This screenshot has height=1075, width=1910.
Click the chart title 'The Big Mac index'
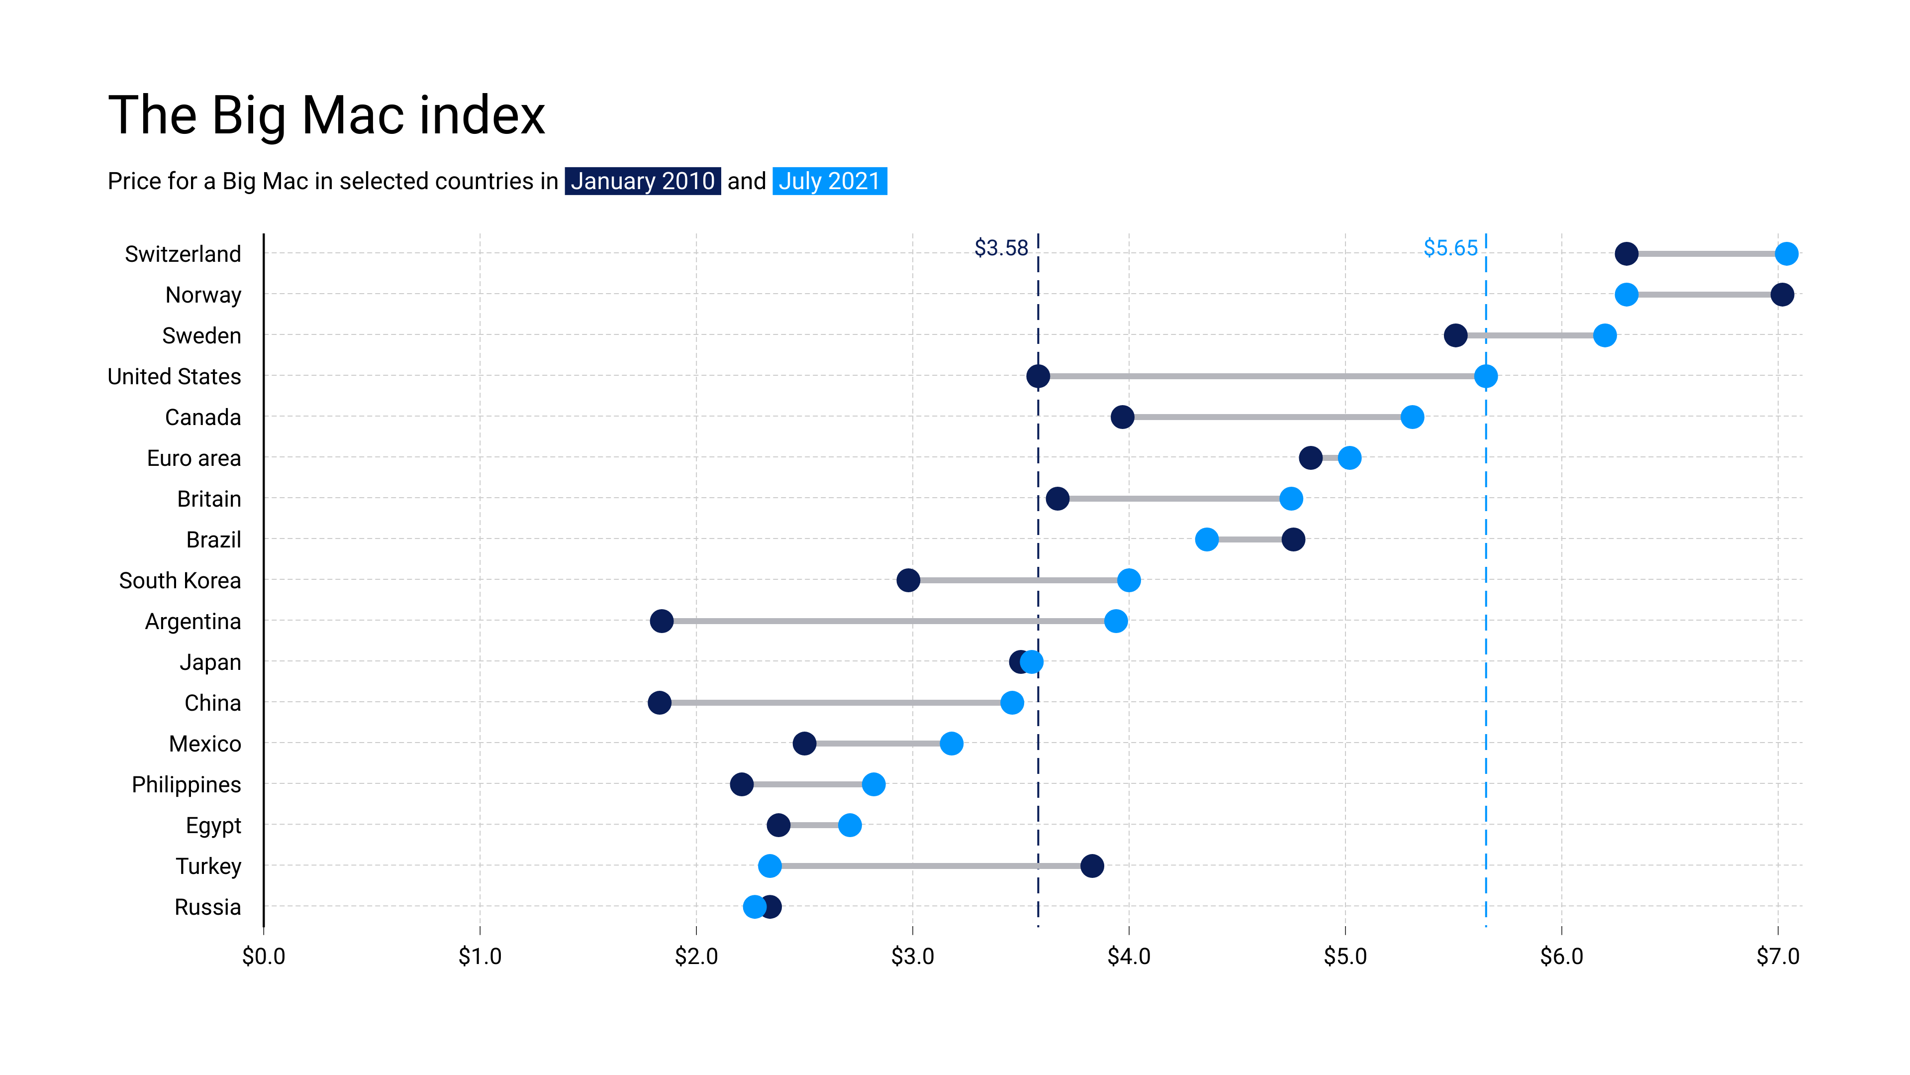tap(326, 116)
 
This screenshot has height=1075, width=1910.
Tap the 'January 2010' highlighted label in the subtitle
tap(642, 181)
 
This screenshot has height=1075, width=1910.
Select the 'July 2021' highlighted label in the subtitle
tap(829, 181)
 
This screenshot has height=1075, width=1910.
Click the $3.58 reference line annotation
tap(1001, 248)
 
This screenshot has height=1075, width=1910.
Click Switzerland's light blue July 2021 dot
tap(1786, 254)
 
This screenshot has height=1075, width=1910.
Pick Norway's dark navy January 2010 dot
tap(1782, 295)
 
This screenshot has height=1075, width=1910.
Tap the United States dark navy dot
tap(1038, 376)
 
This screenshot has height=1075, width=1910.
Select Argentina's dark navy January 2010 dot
tap(662, 621)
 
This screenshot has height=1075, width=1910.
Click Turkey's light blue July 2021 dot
tap(769, 866)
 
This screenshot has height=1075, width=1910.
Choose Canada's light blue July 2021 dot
tap(1412, 417)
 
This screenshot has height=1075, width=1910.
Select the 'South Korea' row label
tap(180, 580)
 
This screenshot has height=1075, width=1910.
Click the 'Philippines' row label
tap(186, 784)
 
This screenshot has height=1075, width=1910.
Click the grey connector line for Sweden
tap(1529, 335)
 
